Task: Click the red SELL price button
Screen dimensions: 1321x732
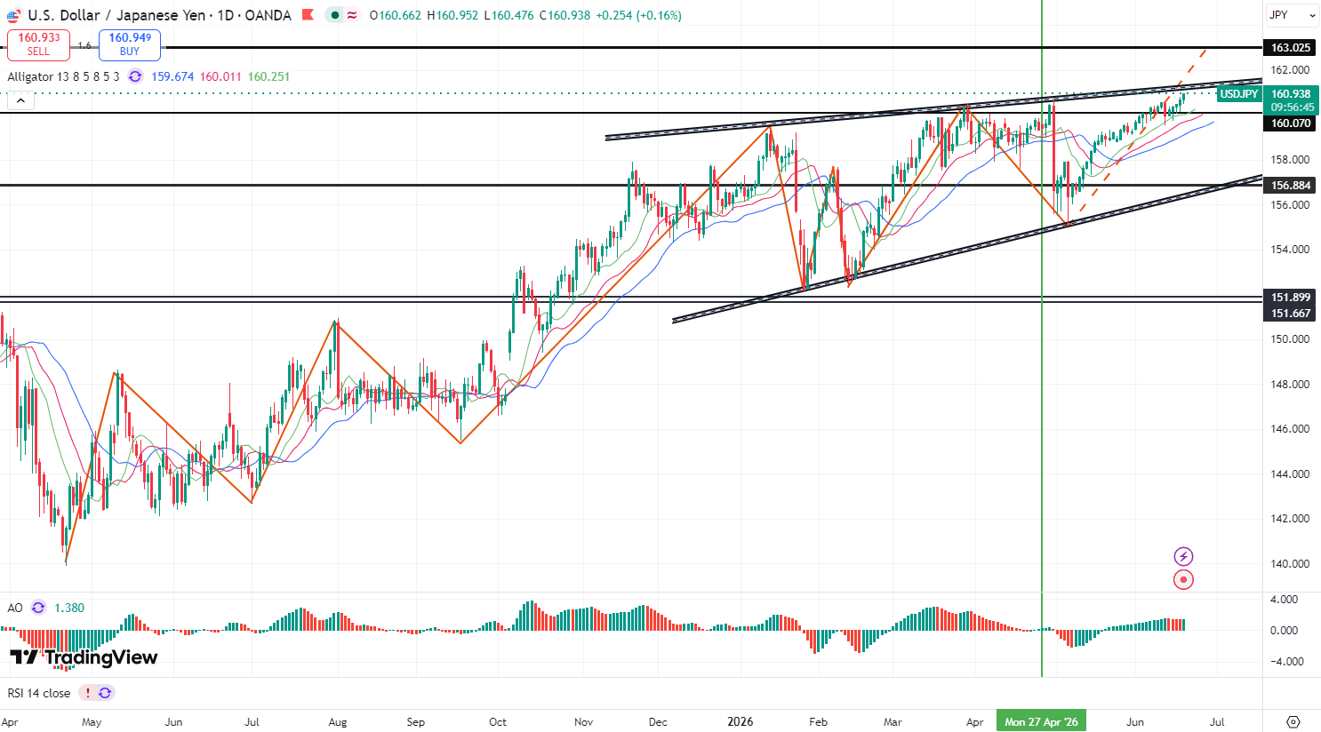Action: coord(38,44)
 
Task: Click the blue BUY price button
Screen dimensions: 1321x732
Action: coord(130,44)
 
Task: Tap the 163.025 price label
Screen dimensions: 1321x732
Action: coord(1290,48)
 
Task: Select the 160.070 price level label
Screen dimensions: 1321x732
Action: coord(1290,123)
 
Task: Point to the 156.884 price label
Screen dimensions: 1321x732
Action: coord(1290,185)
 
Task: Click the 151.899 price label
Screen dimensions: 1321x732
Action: coord(1290,297)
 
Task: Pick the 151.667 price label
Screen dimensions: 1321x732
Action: coord(1290,313)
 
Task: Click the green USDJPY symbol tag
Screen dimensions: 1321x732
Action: coord(1239,93)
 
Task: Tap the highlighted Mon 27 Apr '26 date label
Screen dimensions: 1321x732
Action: coord(1042,721)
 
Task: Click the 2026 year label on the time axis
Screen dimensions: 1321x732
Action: coord(741,721)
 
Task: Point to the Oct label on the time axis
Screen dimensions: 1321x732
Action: coord(498,722)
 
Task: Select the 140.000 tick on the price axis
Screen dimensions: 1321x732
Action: coord(1290,564)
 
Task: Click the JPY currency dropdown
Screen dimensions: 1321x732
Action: coord(1291,15)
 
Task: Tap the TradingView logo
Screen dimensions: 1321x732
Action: coord(84,657)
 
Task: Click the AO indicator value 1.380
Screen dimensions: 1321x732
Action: coord(69,608)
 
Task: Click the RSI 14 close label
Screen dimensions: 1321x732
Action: coord(39,693)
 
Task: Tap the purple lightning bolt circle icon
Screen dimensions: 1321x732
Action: coord(1183,556)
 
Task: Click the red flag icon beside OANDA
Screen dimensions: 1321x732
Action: coord(308,15)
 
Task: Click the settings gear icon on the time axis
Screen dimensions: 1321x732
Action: coord(1293,721)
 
